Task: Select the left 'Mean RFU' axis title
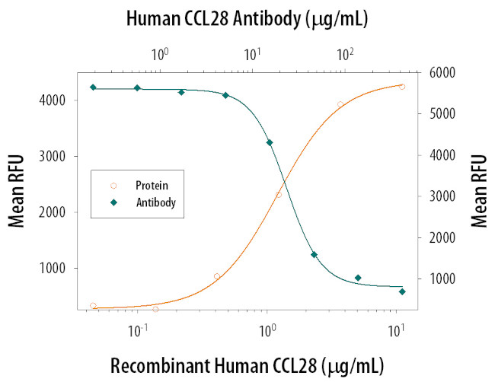(x=17, y=191)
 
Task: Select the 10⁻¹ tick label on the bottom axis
(x=138, y=332)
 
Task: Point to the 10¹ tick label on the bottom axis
(x=396, y=332)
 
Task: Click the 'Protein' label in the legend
(x=152, y=185)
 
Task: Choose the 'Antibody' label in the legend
(x=155, y=202)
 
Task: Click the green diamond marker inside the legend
(x=113, y=202)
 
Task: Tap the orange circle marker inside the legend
(x=113, y=185)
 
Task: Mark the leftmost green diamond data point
(x=93, y=88)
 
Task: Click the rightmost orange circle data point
(x=402, y=87)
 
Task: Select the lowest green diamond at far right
(x=402, y=291)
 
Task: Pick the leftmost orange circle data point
(x=93, y=306)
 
